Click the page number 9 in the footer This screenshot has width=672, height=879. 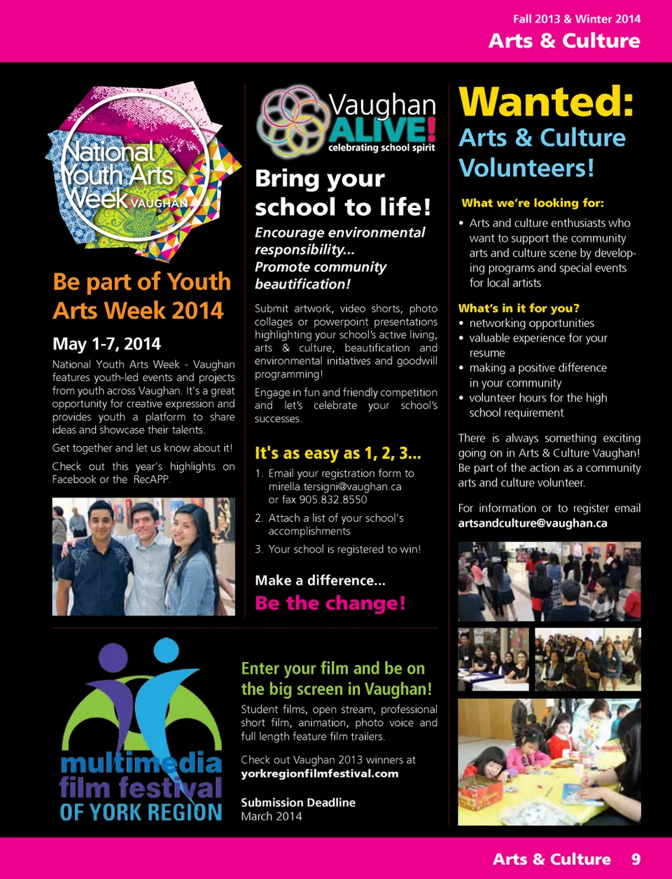click(636, 859)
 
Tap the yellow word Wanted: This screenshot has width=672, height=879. click(547, 102)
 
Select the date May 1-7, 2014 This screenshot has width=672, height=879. click(106, 344)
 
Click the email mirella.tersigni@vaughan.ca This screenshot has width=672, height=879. click(335, 486)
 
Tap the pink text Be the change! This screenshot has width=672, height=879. click(330, 603)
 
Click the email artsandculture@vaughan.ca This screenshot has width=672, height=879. click(533, 523)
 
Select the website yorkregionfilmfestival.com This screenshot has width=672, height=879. click(320, 773)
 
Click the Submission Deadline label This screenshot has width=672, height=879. click(298, 803)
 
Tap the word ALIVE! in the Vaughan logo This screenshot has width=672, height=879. click(382, 130)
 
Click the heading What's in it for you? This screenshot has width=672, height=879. click(519, 308)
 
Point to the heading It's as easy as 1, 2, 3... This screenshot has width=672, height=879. click(338, 453)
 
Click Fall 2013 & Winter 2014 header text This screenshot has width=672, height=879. click(577, 19)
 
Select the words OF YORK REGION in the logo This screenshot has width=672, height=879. click(141, 812)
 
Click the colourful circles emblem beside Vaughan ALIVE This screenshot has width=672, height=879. click(289, 120)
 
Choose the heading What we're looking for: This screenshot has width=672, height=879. click(533, 203)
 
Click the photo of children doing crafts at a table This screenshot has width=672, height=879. click(549, 762)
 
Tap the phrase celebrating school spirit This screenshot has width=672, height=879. click(381, 148)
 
